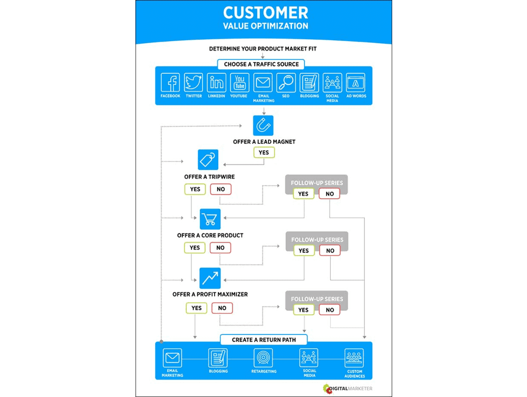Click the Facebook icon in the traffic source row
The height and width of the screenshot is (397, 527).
click(170, 82)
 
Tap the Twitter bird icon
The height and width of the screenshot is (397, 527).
click(193, 82)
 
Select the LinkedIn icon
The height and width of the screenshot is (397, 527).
click(217, 82)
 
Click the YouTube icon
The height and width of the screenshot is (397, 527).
click(240, 82)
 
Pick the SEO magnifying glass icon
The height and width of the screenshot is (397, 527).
click(286, 82)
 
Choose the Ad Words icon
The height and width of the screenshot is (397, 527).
click(356, 82)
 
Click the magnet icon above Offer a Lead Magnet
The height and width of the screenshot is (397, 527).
click(263, 125)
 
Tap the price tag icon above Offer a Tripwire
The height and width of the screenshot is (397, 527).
click(208, 160)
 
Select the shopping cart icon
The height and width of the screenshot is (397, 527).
click(210, 219)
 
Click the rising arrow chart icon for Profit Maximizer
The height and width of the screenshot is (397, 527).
click(210, 278)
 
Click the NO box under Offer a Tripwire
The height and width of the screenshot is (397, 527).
click(221, 189)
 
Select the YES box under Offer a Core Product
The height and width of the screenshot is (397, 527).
click(195, 248)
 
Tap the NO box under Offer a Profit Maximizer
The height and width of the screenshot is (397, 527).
click(222, 308)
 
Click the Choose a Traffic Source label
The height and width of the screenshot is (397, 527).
click(261, 65)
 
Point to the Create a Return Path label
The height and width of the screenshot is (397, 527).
click(263, 340)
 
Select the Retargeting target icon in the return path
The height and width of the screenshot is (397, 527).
click(263, 358)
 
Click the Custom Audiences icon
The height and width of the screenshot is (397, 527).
click(354, 358)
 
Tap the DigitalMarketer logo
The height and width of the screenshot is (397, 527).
click(347, 389)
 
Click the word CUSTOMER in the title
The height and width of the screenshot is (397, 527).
click(265, 12)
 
